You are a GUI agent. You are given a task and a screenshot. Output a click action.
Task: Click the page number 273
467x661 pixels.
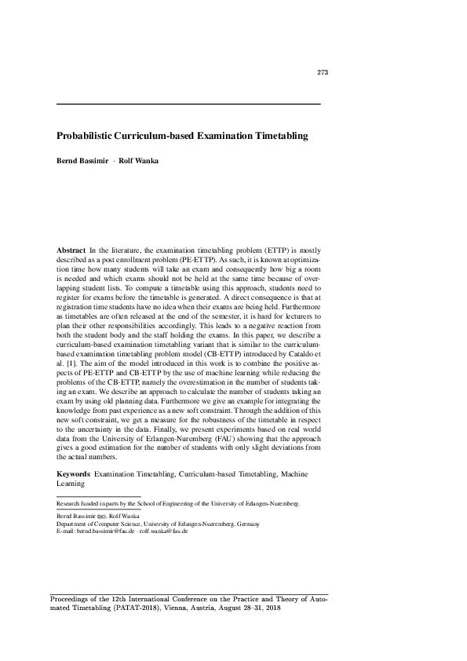[x=322, y=73]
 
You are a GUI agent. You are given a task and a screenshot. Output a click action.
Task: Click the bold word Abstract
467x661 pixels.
[x=71, y=249]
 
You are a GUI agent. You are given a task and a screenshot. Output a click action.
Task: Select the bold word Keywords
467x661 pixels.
[x=73, y=475]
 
